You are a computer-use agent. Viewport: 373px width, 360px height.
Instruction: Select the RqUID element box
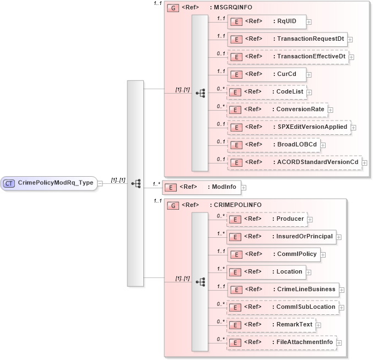267,21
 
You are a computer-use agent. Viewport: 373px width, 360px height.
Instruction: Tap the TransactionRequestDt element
286,39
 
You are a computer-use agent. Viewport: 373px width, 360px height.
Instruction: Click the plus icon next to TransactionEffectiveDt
351,57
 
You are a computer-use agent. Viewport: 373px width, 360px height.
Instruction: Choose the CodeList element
267,92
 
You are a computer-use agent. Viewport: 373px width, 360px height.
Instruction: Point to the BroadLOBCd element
273,145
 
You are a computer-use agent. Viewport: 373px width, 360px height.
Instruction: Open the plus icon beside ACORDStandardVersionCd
364,163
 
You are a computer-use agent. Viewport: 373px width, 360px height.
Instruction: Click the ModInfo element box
201,187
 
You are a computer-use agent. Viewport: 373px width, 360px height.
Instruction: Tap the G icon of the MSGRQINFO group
172,8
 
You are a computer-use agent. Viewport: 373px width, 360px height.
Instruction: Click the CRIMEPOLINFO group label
230,205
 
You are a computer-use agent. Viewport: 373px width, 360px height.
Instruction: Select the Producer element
267,219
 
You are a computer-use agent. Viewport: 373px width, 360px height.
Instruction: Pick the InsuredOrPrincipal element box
281,237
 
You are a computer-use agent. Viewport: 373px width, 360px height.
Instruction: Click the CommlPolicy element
273,254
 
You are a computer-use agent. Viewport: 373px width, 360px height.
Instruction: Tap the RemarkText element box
271,325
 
